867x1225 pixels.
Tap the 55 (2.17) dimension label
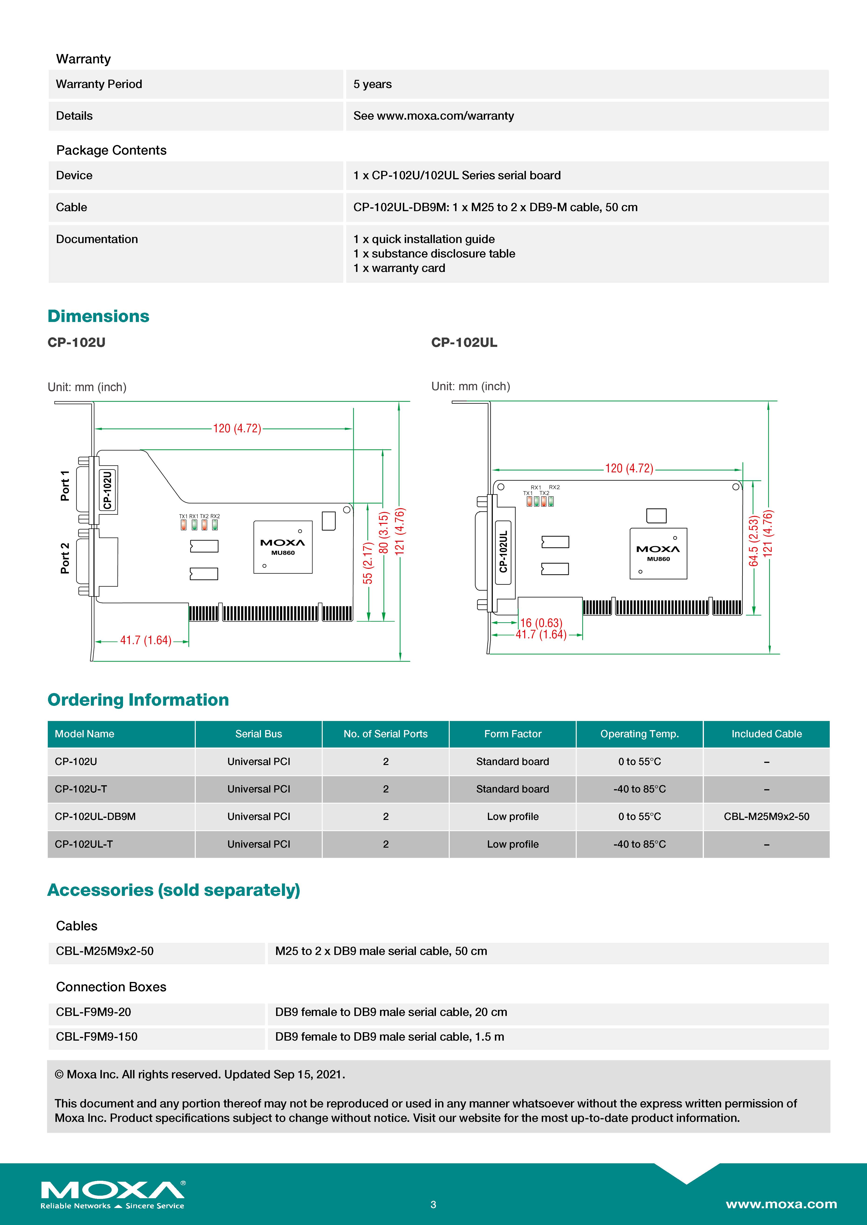coord(368,563)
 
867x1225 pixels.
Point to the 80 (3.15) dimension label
coord(383,532)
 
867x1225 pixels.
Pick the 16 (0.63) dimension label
coord(541,623)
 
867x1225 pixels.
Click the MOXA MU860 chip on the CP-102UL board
coord(658,553)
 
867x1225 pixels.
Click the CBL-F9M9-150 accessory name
coord(97,1037)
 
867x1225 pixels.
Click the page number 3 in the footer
coord(433,1204)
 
